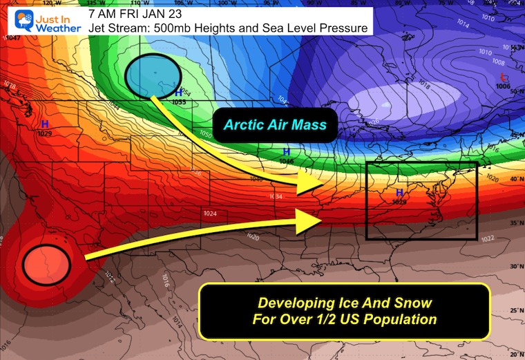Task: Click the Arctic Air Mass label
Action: pos(274,125)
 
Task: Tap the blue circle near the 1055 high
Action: pos(154,75)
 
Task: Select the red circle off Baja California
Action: pos(47,263)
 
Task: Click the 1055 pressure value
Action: pos(179,102)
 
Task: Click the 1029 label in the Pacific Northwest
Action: pos(45,132)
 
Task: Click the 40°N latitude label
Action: pos(515,180)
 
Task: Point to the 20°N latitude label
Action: pos(515,350)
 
